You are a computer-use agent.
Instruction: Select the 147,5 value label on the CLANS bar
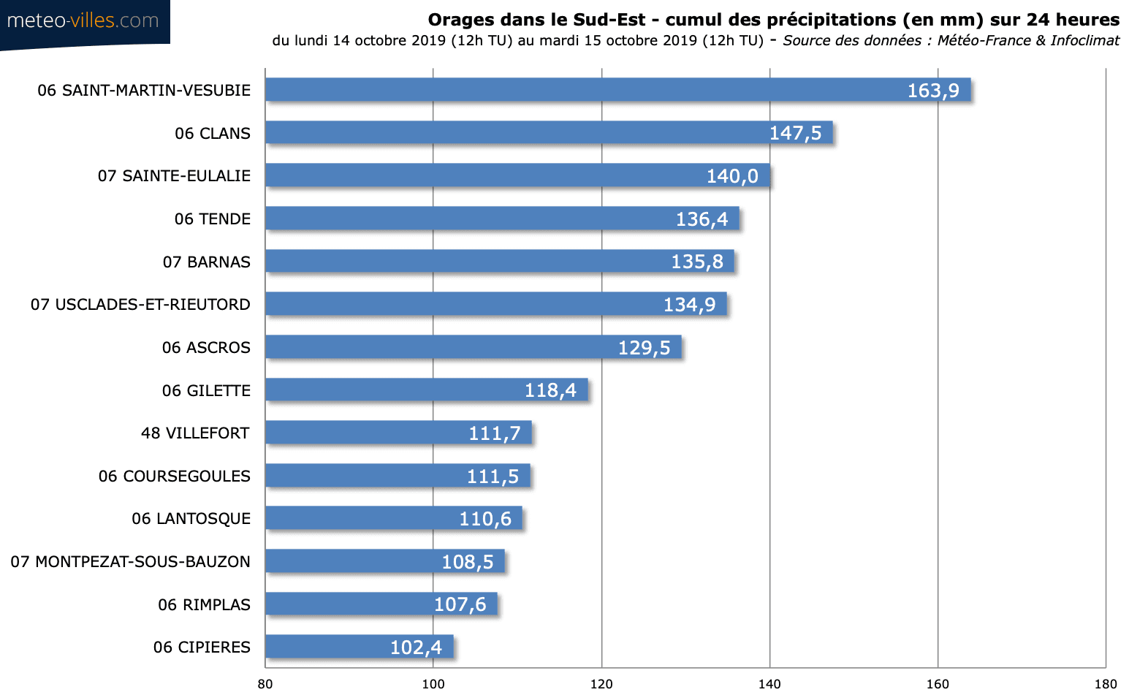(x=795, y=133)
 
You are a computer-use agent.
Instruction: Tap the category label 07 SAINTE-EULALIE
(x=174, y=176)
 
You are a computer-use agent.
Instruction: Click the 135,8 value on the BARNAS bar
(x=697, y=262)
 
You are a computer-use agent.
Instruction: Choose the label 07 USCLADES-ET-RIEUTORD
(x=140, y=305)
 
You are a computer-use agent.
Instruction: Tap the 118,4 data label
(x=550, y=390)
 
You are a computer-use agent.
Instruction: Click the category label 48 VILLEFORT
(x=195, y=433)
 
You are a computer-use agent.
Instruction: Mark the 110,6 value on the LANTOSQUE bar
(x=485, y=519)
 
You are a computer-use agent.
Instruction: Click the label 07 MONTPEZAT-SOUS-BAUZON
(x=130, y=562)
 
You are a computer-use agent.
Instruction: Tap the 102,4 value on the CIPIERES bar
(x=416, y=647)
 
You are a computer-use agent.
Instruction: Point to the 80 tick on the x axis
(x=265, y=684)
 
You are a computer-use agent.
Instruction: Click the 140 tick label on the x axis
(x=769, y=684)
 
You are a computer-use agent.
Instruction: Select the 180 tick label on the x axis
(x=1106, y=684)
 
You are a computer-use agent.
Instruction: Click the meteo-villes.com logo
(x=83, y=21)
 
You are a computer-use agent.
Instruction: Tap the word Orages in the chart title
(x=460, y=20)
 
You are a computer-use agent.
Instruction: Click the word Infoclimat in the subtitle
(x=1084, y=40)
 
